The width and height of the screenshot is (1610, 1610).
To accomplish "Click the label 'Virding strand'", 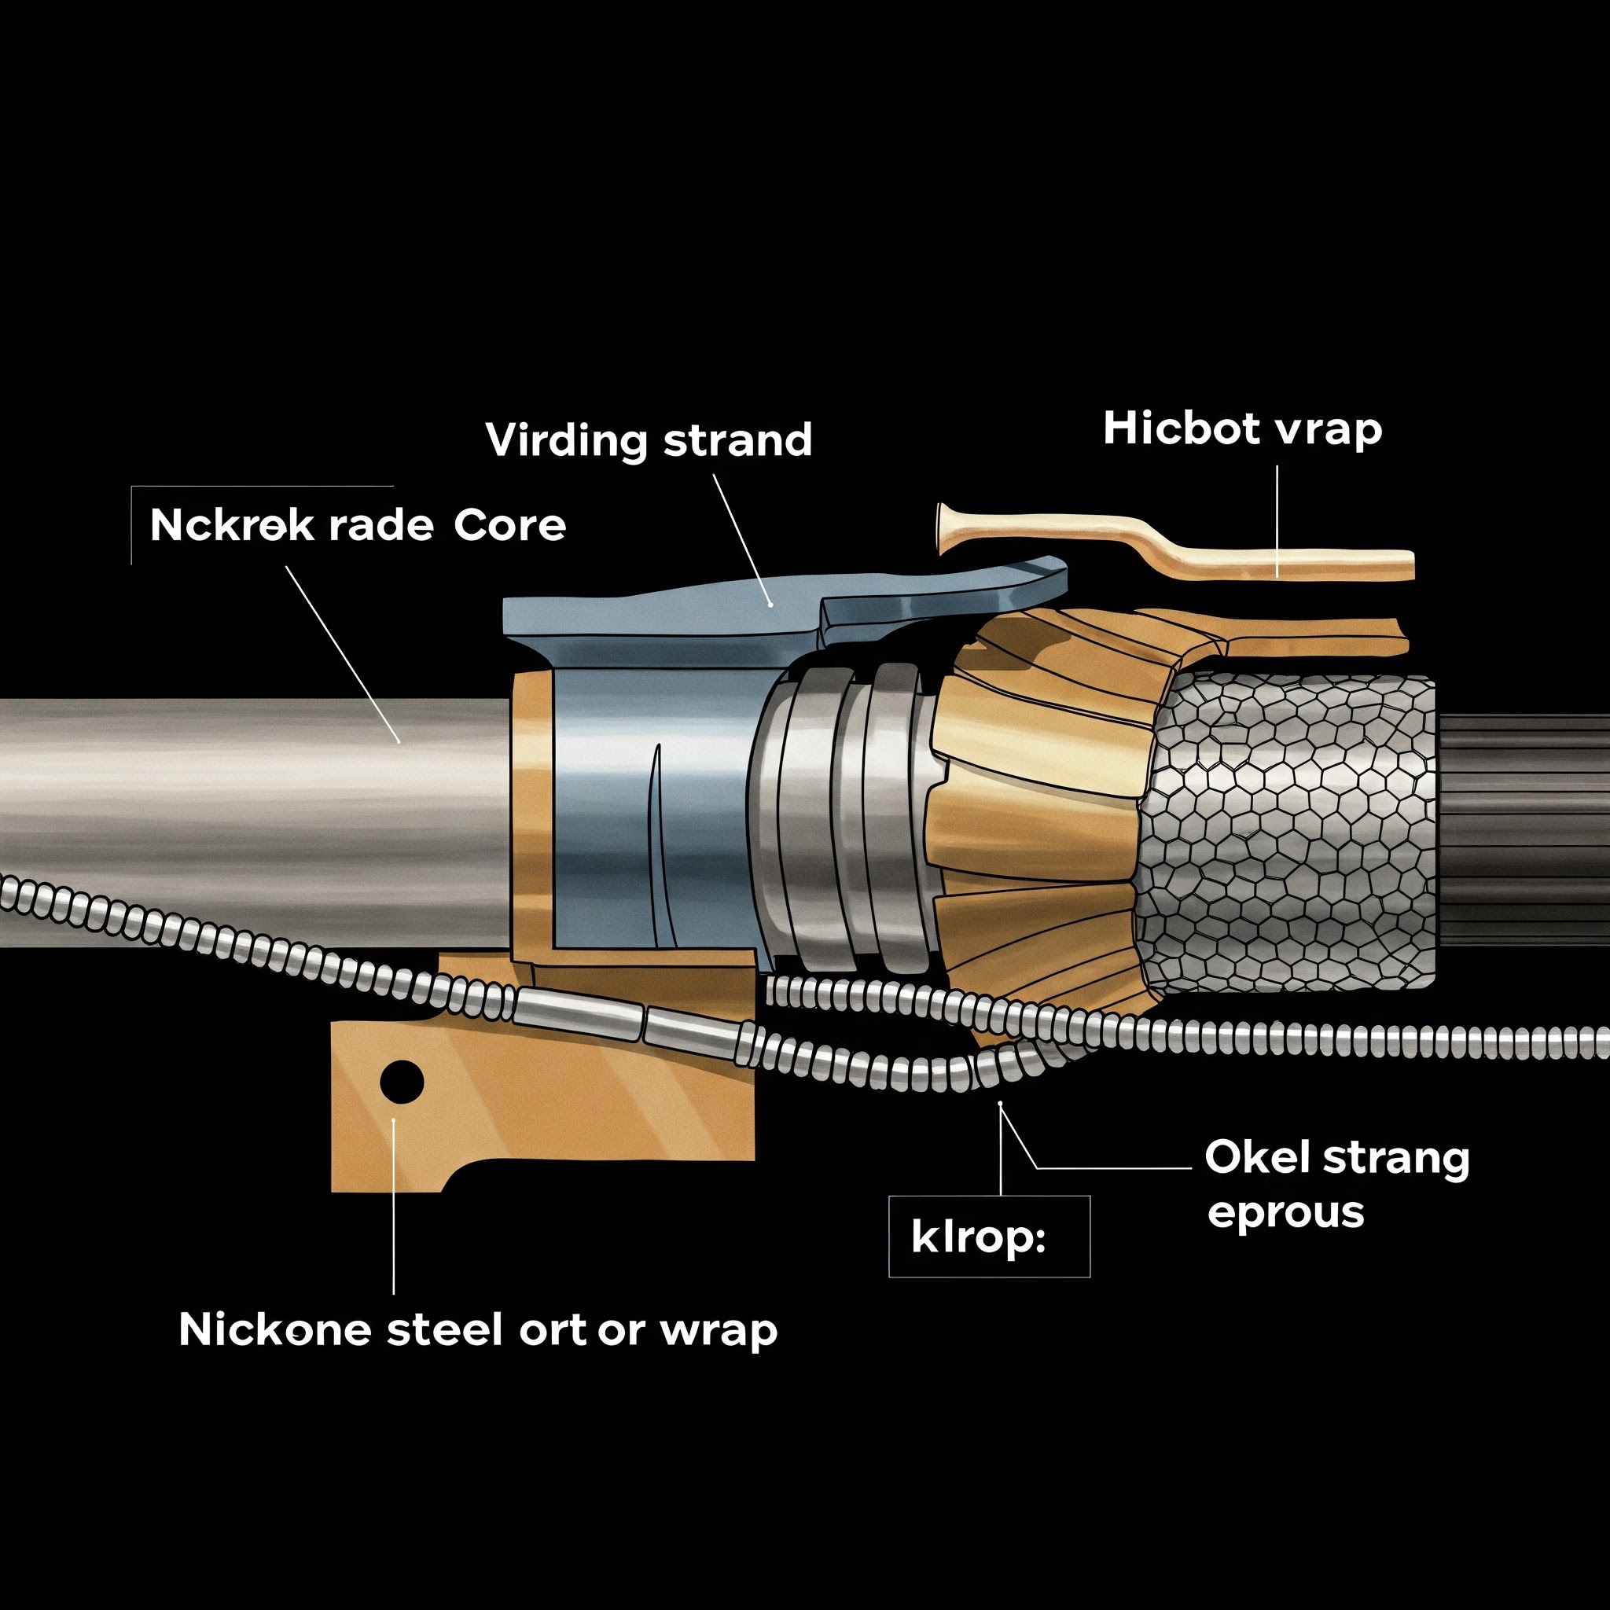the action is click(649, 440).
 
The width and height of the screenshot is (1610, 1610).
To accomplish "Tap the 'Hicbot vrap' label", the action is click(1243, 429).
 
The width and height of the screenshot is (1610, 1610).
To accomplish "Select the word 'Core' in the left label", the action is click(510, 526).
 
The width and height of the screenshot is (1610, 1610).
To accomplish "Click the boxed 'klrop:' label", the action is click(978, 1237).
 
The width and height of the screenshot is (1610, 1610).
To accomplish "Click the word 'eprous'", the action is click(1286, 1213).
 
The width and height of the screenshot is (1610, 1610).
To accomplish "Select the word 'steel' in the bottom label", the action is click(445, 1329).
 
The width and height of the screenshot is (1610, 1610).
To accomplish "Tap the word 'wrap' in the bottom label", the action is click(719, 1332).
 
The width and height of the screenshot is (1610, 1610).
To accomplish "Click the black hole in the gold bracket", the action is click(402, 1082).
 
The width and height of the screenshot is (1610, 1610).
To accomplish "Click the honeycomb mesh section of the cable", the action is click(1288, 833).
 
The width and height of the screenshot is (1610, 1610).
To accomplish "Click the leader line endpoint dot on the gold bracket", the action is click(393, 1121).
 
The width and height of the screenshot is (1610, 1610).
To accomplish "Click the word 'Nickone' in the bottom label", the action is click(275, 1329).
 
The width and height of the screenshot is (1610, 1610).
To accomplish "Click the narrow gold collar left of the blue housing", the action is click(531, 813).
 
